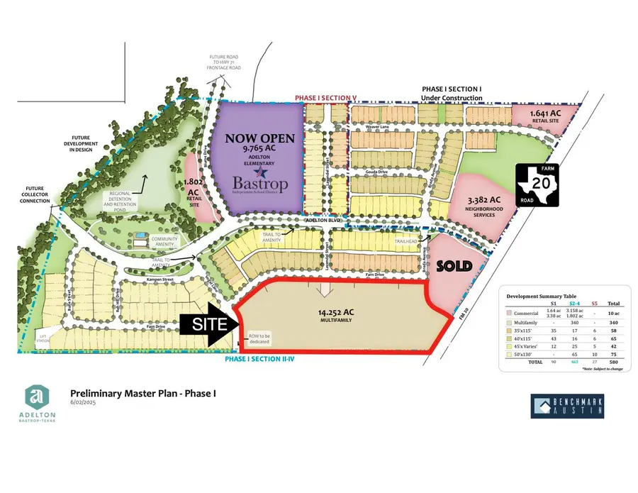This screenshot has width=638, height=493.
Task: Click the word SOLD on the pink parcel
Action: (x=454, y=266)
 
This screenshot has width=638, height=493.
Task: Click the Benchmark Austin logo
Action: (x=567, y=406)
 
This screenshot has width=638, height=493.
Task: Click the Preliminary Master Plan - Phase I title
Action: (x=142, y=393)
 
